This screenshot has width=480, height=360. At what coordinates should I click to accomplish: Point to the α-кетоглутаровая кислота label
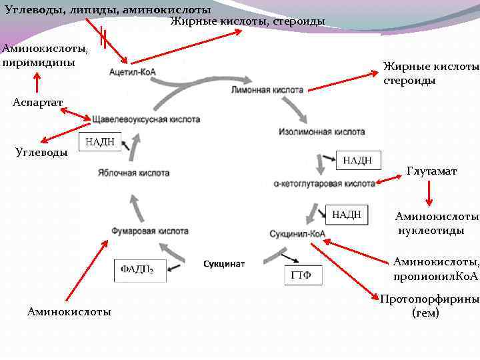pyautogui.click(x=324, y=183)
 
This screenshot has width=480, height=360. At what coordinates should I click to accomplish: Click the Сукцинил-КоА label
pyautogui.click(x=297, y=234)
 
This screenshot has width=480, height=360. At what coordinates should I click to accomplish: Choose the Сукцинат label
pyautogui.click(x=224, y=264)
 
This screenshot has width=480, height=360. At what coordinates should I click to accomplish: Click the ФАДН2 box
pyautogui.click(x=137, y=270)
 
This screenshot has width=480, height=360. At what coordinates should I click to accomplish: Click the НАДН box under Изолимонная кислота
pyautogui.click(x=362, y=161)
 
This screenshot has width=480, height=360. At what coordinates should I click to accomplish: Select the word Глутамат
pyautogui.click(x=432, y=171)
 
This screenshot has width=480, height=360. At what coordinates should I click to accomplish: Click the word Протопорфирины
pyautogui.click(x=429, y=299)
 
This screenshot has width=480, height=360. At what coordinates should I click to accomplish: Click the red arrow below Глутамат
pyautogui.click(x=429, y=193)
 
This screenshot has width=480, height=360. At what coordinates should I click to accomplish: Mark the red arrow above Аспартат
pyautogui.click(x=37, y=82)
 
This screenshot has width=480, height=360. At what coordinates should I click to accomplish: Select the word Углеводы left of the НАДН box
pyautogui.click(x=41, y=152)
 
